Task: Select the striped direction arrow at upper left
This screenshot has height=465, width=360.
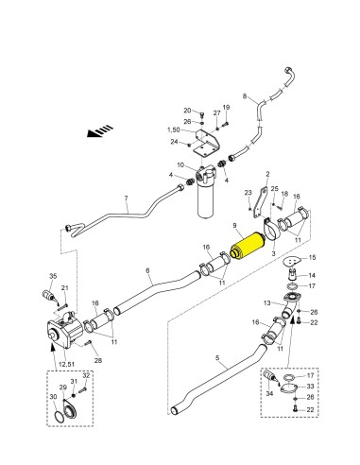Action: (100, 130)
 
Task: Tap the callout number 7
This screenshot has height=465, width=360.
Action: (127, 198)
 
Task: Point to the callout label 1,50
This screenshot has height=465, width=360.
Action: (173, 129)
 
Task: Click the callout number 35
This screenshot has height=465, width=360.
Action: (53, 276)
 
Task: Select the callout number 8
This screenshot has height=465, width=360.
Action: (245, 96)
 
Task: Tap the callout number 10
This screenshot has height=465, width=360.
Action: (180, 164)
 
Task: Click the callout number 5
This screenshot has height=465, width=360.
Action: (217, 358)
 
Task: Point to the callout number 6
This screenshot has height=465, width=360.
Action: (147, 270)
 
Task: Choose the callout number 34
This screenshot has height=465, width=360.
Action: (269, 394)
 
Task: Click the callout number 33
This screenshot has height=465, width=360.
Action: (310, 387)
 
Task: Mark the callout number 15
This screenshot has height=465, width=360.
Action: (312, 258)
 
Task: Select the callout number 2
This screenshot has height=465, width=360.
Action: (267, 174)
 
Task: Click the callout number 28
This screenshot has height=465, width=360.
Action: (98, 360)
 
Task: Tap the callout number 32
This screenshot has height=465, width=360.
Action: (86, 375)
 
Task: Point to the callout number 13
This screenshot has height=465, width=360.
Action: (267, 303)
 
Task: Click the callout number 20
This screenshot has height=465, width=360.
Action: (187, 111)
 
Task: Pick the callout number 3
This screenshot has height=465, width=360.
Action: (273, 253)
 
